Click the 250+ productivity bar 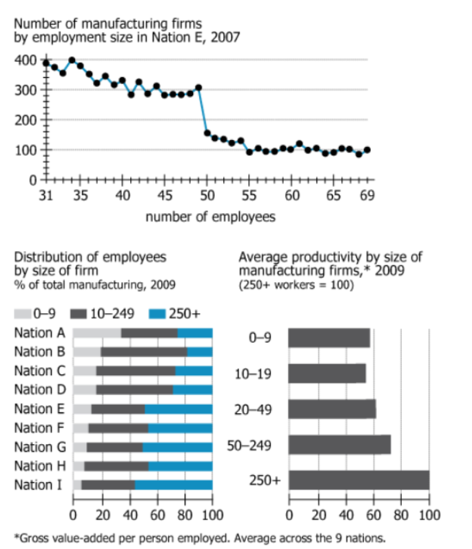coord(358,480)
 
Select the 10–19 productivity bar coord(327,373)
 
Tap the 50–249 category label coord(253,444)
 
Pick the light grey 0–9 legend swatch coord(23,314)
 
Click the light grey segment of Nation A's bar coord(96,333)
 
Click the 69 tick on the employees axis coord(367,195)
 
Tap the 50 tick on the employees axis coord(207,195)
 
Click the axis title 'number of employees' coord(210,217)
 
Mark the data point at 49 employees coord(198,88)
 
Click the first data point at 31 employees coord(46,63)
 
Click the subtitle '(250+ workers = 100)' coord(296,284)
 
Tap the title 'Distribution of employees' coord(90,257)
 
